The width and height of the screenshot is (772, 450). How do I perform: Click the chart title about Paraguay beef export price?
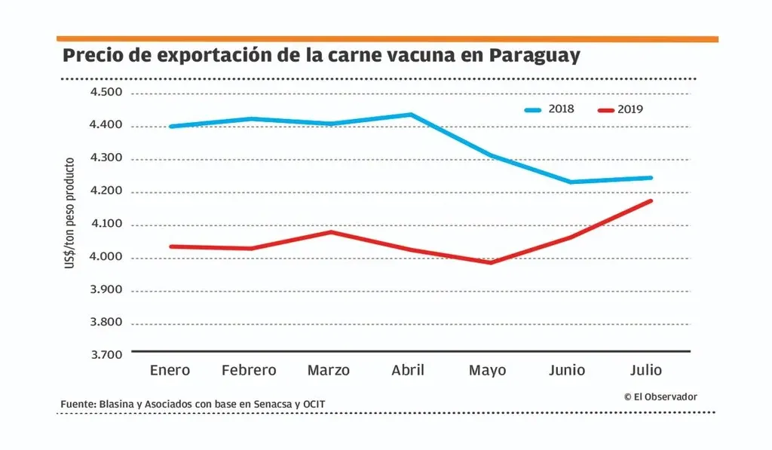(x=321, y=57)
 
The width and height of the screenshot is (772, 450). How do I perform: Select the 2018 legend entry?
(x=550, y=109)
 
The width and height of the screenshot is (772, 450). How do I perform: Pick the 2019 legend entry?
(x=620, y=109)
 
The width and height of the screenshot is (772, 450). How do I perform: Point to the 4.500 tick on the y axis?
(x=106, y=93)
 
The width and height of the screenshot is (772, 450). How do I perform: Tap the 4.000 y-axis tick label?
(x=106, y=258)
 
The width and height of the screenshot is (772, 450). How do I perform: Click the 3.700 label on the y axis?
(x=106, y=354)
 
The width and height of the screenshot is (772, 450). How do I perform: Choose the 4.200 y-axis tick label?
(x=106, y=192)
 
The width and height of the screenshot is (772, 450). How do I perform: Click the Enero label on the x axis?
(x=170, y=370)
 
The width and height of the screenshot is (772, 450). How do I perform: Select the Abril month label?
(x=408, y=370)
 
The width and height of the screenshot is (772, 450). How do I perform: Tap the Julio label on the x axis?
(x=646, y=370)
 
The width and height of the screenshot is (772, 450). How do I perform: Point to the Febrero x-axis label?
(x=249, y=370)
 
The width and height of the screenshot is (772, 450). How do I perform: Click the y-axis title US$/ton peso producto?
(x=70, y=213)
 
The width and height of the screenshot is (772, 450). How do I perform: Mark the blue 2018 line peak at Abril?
(x=410, y=115)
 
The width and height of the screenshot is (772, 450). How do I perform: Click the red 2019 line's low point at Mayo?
(x=490, y=262)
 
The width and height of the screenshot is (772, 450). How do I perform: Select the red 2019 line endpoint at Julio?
(x=650, y=201)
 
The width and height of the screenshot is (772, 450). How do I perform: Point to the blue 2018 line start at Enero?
(x=171, y=126)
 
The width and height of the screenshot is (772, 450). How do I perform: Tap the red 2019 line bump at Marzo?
(x=330, y=232)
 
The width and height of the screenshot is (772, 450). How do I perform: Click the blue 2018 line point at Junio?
(x=570, y=182)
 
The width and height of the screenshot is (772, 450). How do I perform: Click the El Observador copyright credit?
(x=660, y=396)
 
